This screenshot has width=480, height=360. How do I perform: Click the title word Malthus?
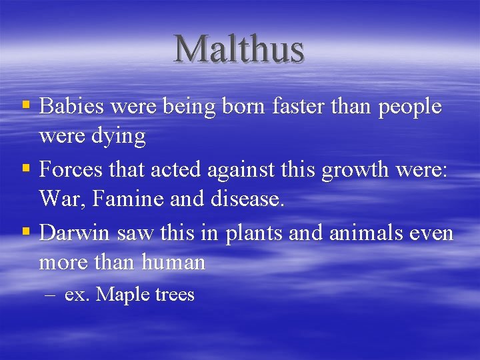tap(239, 49)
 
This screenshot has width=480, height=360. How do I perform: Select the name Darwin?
tap(75, 233)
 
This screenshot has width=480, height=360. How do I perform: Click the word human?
tap(173, 262)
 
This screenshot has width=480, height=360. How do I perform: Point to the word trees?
tap(174, 295)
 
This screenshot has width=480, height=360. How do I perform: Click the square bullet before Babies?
tap(26, 106)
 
